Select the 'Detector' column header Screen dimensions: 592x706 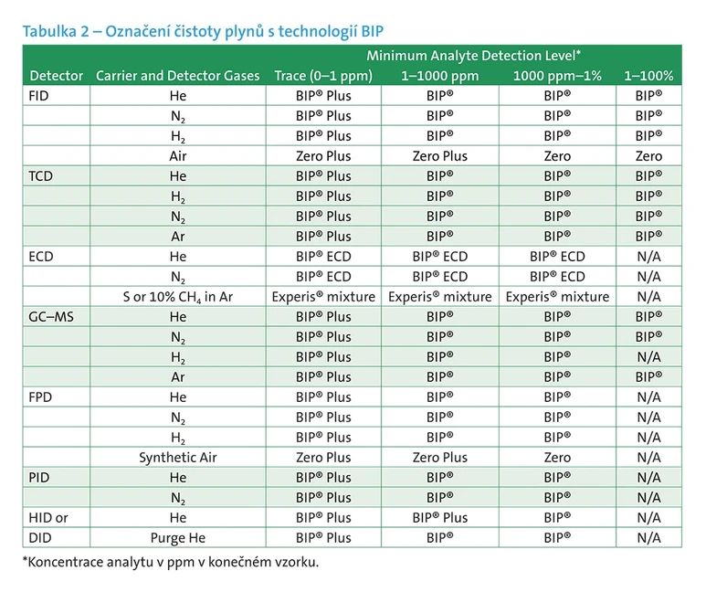tap(56, 76)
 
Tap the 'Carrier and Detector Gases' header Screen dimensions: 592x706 tap(177, 76)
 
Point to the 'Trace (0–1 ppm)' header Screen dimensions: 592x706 tap(323, 76)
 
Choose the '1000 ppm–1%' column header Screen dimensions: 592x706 tap(557, 76)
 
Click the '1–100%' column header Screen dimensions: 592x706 tap(648, 76)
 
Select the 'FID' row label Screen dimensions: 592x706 tap(39, 96)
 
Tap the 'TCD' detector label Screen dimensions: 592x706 tap(41, 176)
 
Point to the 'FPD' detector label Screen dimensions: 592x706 tap(41, 397)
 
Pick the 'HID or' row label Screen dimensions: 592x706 tap(48, 518)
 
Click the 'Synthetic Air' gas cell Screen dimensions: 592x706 tap(177, 458)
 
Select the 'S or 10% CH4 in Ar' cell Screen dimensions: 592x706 tap(177, 297)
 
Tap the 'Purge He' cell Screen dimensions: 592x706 tap(177, 538)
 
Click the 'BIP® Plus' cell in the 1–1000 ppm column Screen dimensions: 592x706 tap(440, 518)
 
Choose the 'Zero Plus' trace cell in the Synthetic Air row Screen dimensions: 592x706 tap(323, 458)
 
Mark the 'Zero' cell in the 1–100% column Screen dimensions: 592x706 tap(648, 156)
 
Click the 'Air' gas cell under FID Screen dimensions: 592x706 tap(177, 156)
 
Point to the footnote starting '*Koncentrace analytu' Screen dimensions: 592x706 tap(171, 562)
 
